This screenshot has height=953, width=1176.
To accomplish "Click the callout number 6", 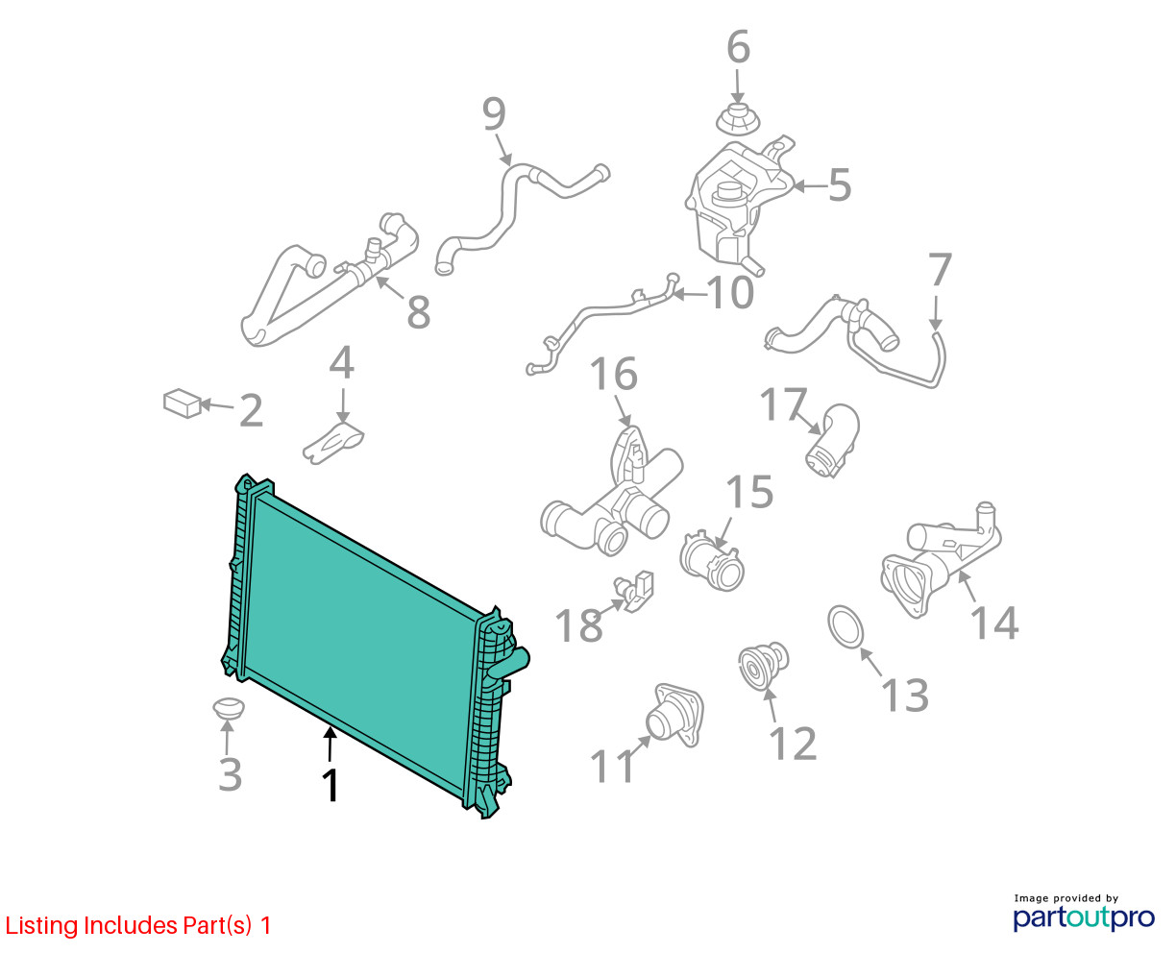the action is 738,47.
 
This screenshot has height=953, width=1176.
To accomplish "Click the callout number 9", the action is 494,114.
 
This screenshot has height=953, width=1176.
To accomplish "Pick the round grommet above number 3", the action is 229,708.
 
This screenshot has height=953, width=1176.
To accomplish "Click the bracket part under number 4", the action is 333,442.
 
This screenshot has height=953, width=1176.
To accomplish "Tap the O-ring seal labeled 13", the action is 845,625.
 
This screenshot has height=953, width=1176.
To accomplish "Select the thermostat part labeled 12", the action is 764,666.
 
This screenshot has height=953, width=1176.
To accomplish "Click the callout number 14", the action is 993,623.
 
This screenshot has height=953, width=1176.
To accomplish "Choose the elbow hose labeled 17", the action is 832,440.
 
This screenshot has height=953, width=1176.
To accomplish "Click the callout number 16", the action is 613,374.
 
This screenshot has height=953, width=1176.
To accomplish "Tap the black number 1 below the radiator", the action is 331,785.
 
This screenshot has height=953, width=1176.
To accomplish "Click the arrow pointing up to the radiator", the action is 330,745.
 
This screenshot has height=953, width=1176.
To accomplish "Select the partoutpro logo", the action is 1084,917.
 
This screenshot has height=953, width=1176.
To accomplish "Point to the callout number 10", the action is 730,292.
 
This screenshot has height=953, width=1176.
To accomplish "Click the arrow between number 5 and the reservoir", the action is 810,186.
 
